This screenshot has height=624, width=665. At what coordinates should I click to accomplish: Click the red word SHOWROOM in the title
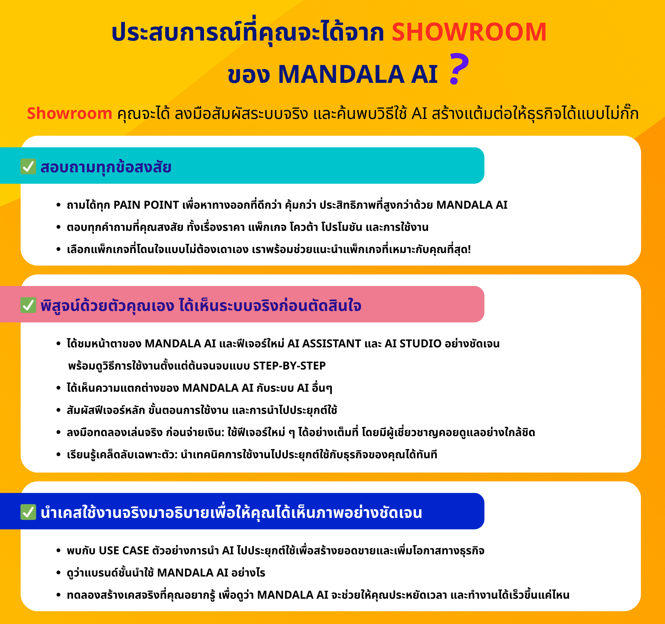(x=469, y=32)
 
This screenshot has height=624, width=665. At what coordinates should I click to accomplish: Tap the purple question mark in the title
(x=459, y=69)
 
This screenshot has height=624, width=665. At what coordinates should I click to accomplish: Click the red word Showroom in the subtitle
(x=70, y=113)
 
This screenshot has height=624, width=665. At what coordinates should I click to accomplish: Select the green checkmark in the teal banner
(x=28, y=166)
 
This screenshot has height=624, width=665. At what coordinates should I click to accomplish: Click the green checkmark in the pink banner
(x=28, y=305)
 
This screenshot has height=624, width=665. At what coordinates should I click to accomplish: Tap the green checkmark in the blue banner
(x=28, y=512)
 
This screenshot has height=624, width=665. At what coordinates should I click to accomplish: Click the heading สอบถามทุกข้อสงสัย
(x=106, y=167)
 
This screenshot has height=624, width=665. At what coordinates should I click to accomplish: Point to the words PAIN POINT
(x=146, y=205)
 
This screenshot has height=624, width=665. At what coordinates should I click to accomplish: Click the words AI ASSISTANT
(x=324, y=344)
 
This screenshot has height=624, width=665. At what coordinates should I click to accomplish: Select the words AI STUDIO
(x=413, y=344)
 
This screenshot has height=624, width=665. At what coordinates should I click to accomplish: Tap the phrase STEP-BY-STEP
(x=289, y=366)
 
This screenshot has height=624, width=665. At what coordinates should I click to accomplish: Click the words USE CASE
(x=124, y=551)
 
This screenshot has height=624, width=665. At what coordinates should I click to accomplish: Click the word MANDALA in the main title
(x=341, y=74)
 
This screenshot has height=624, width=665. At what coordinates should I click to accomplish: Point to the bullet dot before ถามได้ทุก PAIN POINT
(x=58, y=205)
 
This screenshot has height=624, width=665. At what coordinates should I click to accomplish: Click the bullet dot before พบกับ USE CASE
(x=58, y=551)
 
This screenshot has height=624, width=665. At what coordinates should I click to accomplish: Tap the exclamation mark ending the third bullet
(x=469, y=249)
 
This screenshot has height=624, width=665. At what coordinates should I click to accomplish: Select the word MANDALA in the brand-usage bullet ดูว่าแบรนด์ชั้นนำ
(x=185, y=573)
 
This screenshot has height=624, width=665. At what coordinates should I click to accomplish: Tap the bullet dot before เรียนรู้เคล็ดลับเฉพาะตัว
(x=58, y=455)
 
